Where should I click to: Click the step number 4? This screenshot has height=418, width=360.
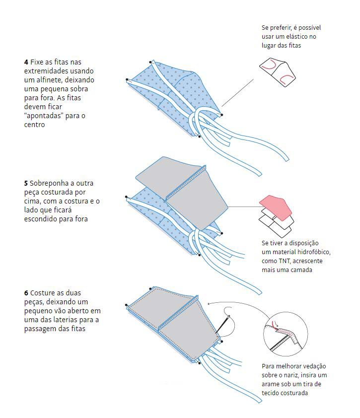coord(26,62)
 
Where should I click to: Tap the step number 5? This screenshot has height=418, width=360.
coord(26,183)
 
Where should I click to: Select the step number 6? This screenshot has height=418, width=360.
coord(26,293)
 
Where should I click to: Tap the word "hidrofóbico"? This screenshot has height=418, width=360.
coord(314,252)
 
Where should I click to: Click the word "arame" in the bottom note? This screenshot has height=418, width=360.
coord(270,384)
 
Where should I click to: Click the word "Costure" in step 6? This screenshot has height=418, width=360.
coord(42,293)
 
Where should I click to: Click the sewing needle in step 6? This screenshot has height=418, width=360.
coord(222,325)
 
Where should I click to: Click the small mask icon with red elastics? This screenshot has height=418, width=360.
coord(278,72)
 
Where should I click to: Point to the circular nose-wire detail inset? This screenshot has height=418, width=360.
coord(286,334)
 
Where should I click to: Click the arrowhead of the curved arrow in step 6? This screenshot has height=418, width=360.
coord(209,303)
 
